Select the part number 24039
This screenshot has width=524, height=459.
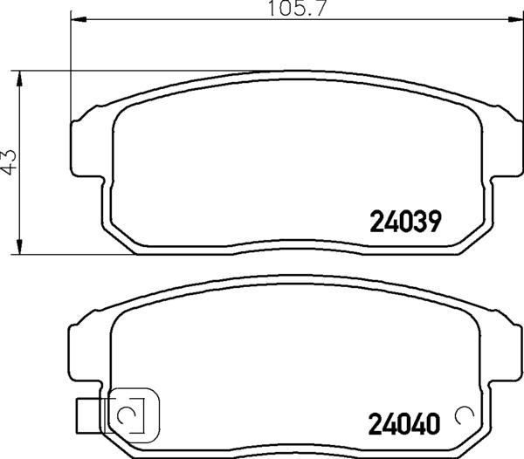403,223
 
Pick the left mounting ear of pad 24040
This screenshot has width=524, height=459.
80,349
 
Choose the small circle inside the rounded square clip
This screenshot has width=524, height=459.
127,414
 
